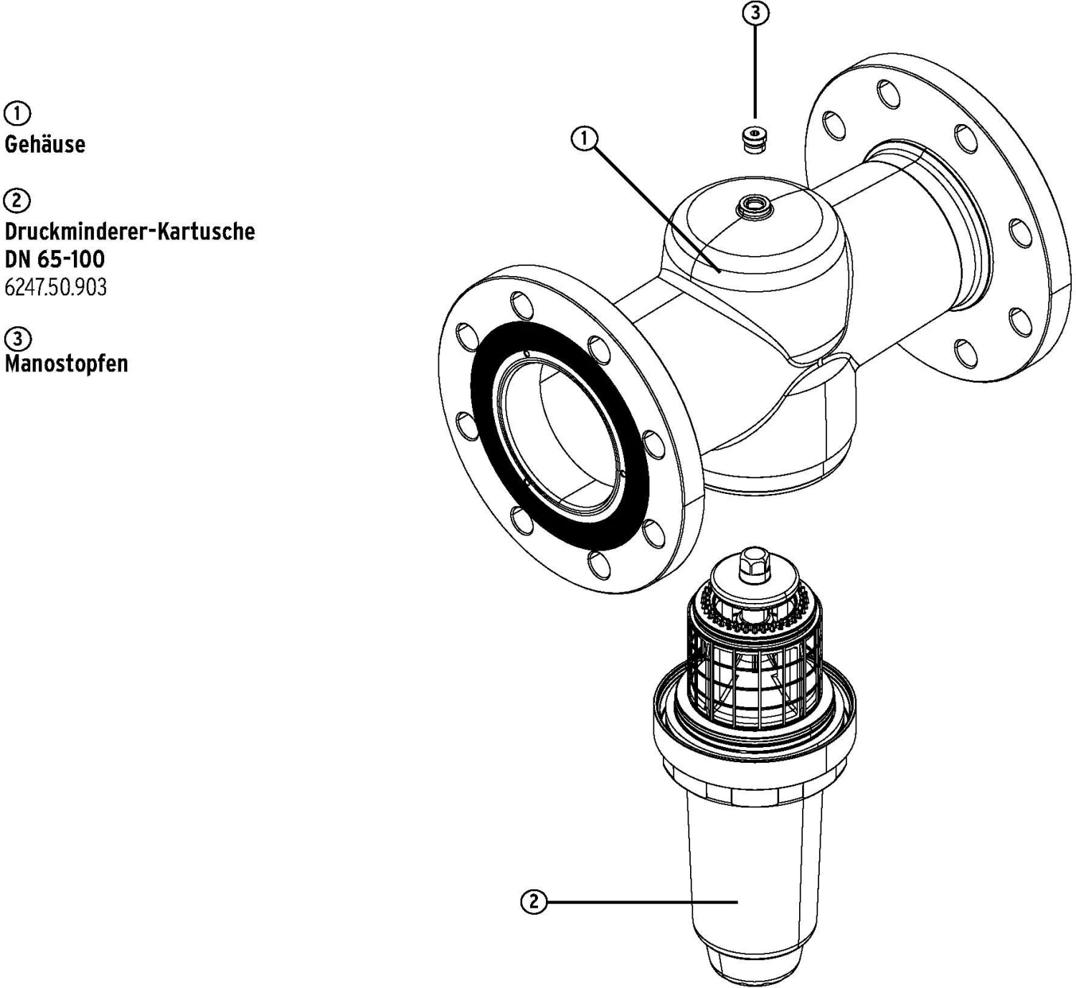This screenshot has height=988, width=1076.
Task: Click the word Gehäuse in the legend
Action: [x=45, y=144]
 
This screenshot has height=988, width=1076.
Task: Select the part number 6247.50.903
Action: [x=56, y=288]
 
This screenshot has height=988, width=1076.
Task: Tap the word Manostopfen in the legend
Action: [x=67, y=363]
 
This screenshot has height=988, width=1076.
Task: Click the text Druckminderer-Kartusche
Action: [x=130, y=231]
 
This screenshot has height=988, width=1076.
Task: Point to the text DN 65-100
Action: [x=55, y=260]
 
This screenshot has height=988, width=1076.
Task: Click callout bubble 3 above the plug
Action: [x=755, y=14]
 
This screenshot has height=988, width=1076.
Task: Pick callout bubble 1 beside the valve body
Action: [x=584, y=139]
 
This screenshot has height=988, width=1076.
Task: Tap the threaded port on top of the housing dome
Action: [x=754, y=206]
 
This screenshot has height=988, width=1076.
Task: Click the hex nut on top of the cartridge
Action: [x=754, y=565]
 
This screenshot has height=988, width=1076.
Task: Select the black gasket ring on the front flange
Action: [x=560, y=434]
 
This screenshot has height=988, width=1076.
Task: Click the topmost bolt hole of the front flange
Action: [x=522, y=305]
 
